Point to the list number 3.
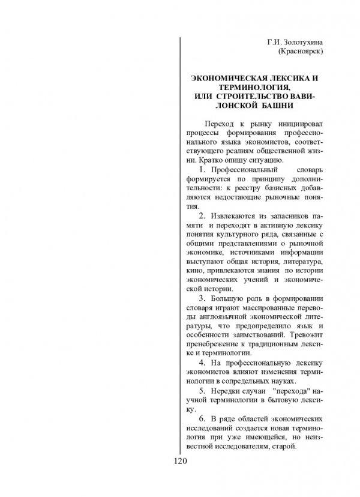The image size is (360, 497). click(x=201, y=298)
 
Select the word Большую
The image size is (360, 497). click(x=226, y=298)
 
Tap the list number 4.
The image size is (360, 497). click(x=201, y=363)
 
